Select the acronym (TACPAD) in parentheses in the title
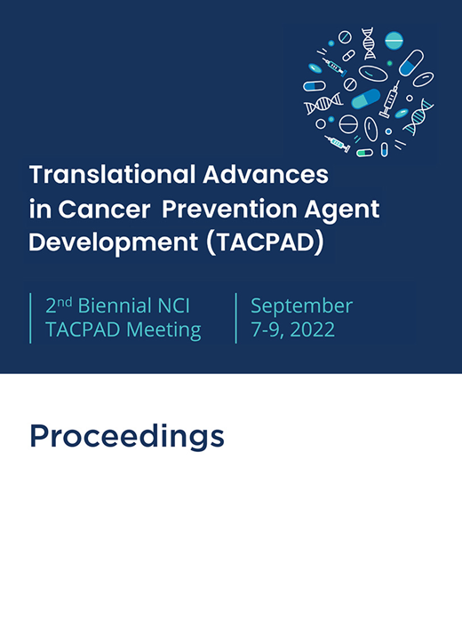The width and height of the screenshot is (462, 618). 264,244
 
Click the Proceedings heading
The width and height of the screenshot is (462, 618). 126,436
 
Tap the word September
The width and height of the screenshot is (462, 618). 301,306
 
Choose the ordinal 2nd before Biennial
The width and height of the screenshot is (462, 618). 59,305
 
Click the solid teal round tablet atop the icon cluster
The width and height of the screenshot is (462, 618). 394,39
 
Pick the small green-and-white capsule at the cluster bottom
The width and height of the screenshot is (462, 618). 364,152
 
